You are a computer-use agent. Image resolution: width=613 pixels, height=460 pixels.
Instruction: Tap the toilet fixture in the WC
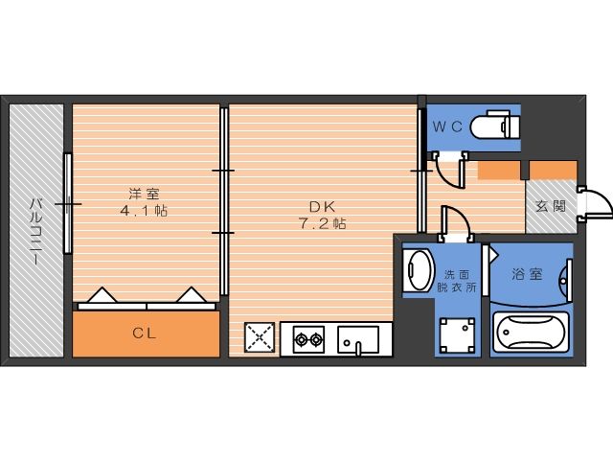point(498,126)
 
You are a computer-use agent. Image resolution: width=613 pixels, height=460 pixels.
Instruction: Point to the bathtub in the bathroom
point(531,334)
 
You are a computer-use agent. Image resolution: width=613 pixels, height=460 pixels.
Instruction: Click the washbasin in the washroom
point(416,270)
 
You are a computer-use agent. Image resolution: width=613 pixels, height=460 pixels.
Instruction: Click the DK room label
point(320,205)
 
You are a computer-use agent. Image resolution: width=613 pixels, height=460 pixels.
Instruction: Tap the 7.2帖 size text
point(321,223)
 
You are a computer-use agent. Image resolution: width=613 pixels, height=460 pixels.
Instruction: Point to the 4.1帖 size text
point(143,210)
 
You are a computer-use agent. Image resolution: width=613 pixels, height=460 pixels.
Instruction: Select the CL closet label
point(146,333)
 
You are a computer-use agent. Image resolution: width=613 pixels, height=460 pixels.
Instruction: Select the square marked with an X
point(259,338)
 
